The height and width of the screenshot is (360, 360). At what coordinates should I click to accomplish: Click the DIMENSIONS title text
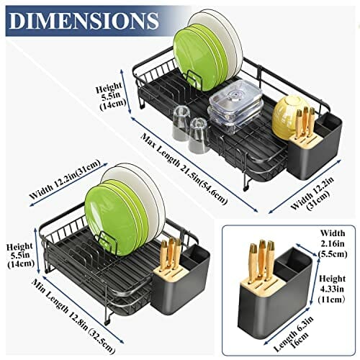[84, 21]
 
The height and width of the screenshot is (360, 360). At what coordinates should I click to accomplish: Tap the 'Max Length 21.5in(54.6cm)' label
[184, 169]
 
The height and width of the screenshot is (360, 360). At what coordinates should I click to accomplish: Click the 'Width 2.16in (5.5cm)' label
[333, 243]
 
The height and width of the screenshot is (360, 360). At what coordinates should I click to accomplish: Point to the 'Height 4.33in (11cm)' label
[332, 289]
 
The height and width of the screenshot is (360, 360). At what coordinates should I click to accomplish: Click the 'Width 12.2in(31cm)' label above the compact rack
[65, 179]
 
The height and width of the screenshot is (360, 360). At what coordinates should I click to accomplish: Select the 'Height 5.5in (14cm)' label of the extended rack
[111, 96]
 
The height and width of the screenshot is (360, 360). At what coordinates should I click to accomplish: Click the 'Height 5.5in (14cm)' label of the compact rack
[21, 255]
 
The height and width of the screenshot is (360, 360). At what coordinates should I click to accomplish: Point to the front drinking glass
[198, 135]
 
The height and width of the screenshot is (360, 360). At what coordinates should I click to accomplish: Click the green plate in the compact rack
[111, 221]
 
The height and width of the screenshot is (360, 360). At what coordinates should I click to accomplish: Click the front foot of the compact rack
[107, 321]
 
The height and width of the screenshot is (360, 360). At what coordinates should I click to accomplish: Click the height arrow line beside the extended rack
[126, 91]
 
